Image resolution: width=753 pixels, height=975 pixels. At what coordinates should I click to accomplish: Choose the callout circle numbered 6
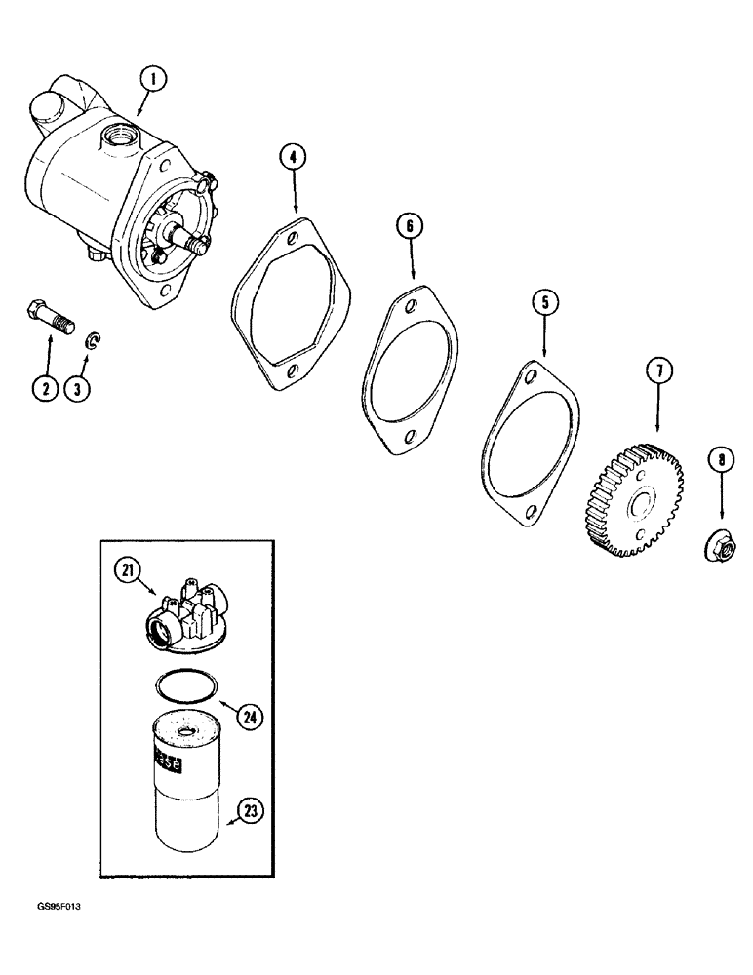(411, 226)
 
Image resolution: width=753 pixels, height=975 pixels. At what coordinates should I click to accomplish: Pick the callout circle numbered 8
(720, 459)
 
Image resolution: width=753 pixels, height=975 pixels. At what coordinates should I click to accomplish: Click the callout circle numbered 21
(123, 573)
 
